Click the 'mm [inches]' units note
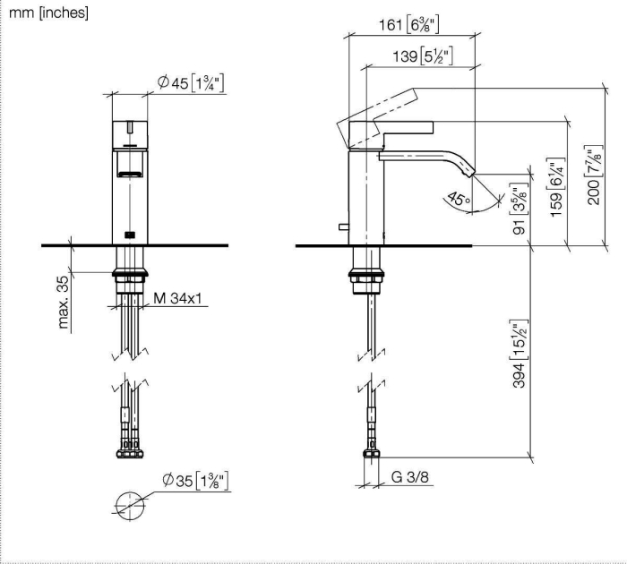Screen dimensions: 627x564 pyautogui.click(x=48, y=13)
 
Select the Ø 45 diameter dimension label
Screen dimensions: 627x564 pyautogui.click(x=190, y=82)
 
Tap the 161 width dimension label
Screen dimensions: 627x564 pyautogui.click(x=408, y=25)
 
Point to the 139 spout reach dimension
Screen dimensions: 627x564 pyautogui.click(x=423, y=56)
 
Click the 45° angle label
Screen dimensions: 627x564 pyautogui.click(x=459, y=199)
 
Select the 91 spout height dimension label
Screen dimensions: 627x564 pyautogui.click(x=520, y=209)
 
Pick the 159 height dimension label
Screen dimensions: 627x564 pyautogui.click(x=556, y=187)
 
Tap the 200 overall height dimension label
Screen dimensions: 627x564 pyautogui.click(x=594, y=175)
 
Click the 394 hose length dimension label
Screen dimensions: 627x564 pyautogui.click(x=520, y=354)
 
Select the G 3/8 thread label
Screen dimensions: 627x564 pyautogui.click(x=410, y=477)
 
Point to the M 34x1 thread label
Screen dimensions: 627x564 pyautogui.click(x=177, y=298)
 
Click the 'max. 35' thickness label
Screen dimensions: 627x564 pyautogui.click(x=64, y=303)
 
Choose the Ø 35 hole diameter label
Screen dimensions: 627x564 pyautogui.click(x=195, y=480)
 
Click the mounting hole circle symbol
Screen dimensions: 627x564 pyautogui.click(x=130, y=492)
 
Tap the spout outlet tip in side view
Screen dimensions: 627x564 pyautogui.click(x=469, y=173)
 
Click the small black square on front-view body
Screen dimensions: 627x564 pyautogui.click(x=130, y=235)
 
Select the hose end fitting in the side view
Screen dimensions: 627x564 pyautogui.click(x=372, y=453)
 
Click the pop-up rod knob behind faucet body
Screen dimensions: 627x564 pyautogui.click(x=343, y=227)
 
